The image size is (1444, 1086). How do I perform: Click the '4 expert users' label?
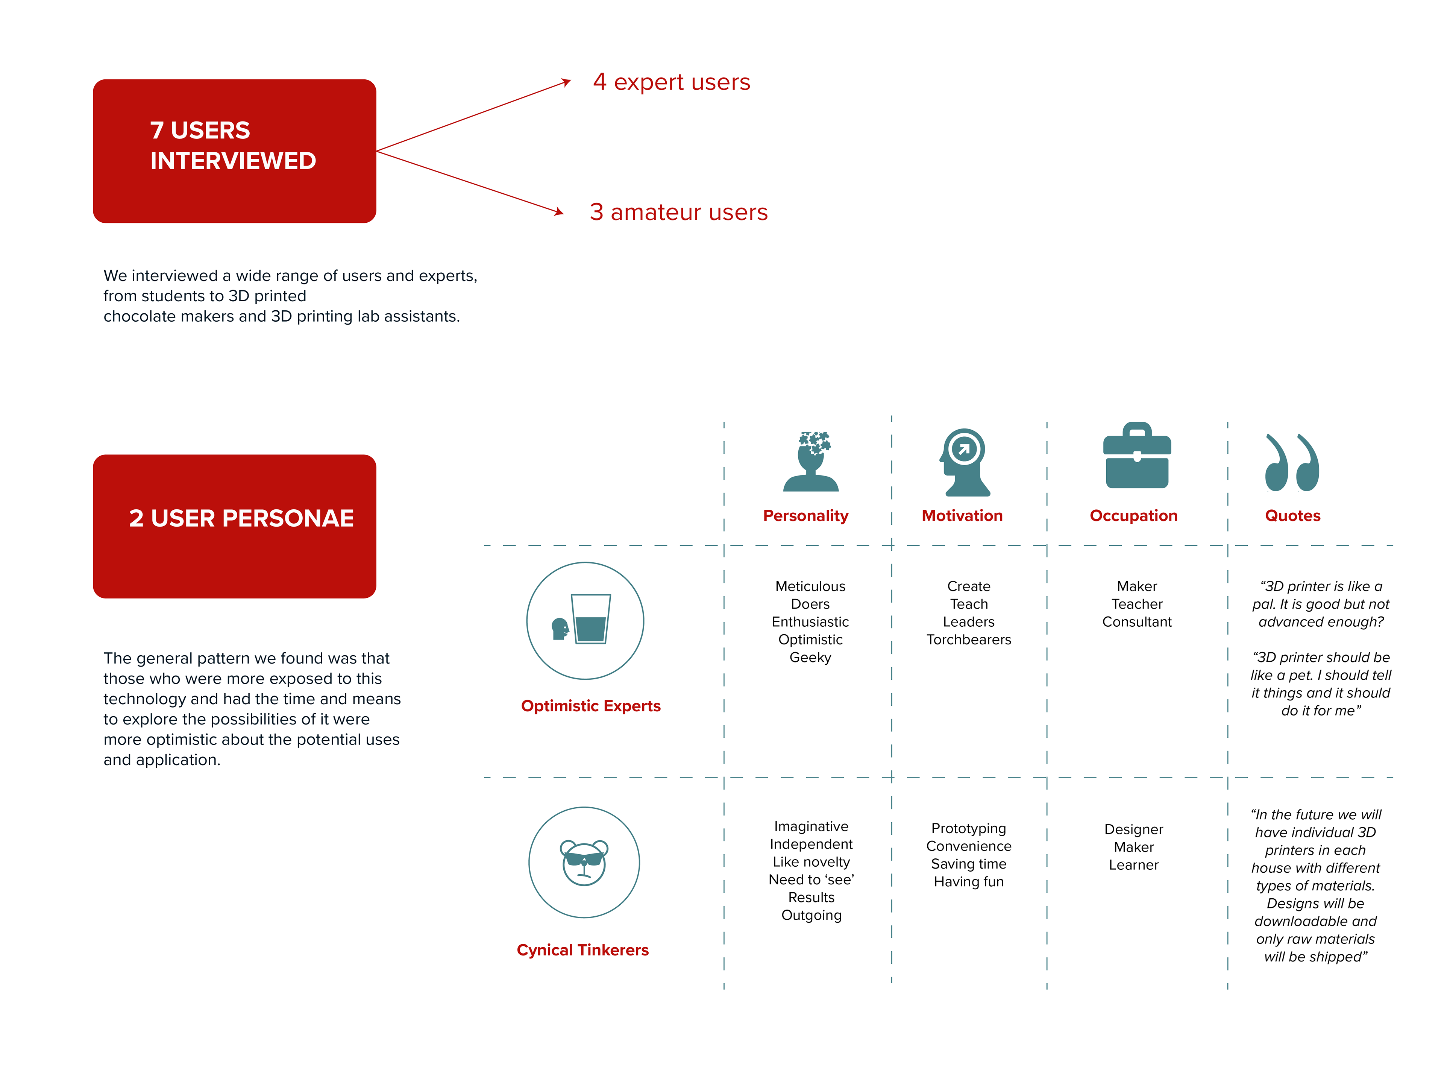(671, 82)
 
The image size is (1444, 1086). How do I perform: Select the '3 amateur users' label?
(678, 212)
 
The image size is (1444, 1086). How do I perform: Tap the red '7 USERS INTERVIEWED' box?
(234, 151)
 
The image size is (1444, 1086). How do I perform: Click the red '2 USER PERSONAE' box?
(234, 526)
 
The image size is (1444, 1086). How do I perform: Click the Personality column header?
(805, 516)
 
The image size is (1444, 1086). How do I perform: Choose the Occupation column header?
(1133, 516)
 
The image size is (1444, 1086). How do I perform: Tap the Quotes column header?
(1292, 516)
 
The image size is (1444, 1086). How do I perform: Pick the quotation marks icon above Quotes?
(1292, 462)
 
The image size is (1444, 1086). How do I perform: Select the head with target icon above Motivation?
(964, 462)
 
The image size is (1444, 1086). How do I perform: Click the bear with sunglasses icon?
(584, 863)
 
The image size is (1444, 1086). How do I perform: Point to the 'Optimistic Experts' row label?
(591, 706)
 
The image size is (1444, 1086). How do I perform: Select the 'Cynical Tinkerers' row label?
(583, 950)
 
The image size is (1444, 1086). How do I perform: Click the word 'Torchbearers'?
(969, 640)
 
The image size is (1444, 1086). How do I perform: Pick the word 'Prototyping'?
(969, 829)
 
